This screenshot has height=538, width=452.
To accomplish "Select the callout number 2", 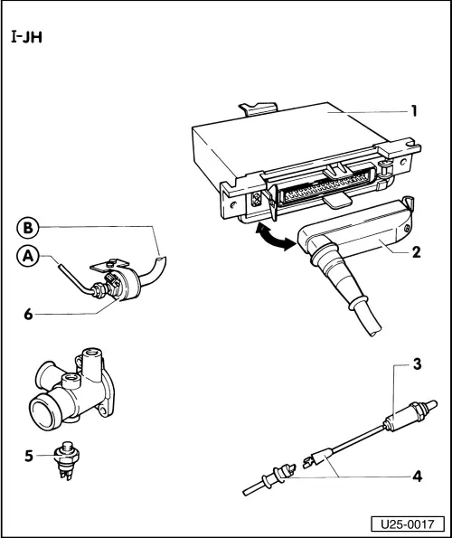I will point(417,252).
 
